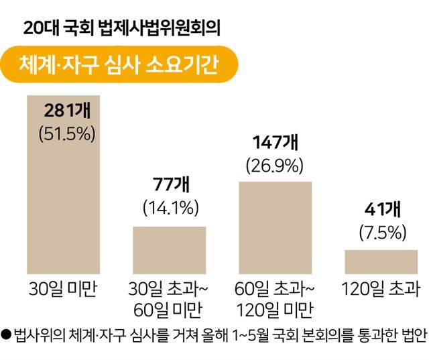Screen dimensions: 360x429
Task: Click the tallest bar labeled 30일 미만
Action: [x=63, y=201]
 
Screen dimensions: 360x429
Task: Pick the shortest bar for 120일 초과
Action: [x=381, y=261]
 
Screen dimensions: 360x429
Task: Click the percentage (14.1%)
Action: [x=169, y=208]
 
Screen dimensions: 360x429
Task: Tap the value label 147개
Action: [x=275, y=142]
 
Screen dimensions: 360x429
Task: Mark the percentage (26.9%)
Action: [x=275, y=164]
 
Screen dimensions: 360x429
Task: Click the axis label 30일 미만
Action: [x=63, y=290]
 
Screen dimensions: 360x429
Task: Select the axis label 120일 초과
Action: [x=381, y=290]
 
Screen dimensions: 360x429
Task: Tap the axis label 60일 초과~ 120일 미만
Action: [x=275, y=300]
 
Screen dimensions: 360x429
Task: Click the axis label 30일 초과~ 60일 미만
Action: [x=169, y=300]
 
